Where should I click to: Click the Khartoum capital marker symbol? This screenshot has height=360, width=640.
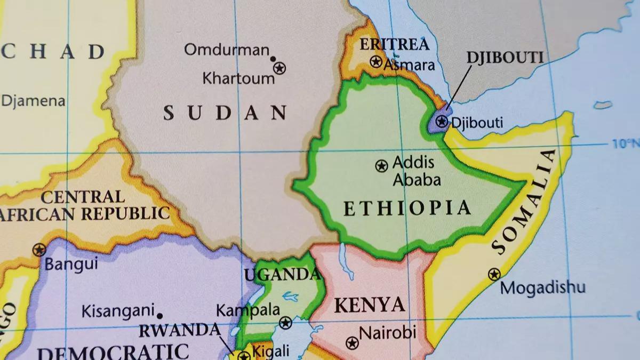pyautogui.click(x=279, y=68)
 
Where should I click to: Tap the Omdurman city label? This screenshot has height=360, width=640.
pyautogui.click(x=227, y=50)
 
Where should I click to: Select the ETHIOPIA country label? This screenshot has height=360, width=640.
pyautogui.click(x=407, y=208)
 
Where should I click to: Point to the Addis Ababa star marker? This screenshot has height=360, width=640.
pyautogui.click(x=381, y=166)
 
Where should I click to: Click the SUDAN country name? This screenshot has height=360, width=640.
pyautogui.click(x=225, y=113)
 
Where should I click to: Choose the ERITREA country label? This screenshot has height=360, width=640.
pyautogui.click(x=394, y=44)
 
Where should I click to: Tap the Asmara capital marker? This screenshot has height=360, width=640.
pyautogui.click(x=376, y=62)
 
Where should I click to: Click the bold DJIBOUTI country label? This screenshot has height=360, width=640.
pyautogui.click(x=505, y=58)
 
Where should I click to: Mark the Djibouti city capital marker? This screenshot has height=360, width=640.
pyautogui.click(x=441, y=122)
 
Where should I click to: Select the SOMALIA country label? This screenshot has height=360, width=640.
pyautogui.click(x=525, y=202)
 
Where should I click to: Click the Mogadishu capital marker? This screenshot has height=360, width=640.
pyautogui.click(x=494, y=275)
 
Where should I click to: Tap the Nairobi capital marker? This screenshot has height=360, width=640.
pyautogui.click(x=352, y=342)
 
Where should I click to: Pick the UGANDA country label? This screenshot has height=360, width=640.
pyautogui.click(x=282, y=275)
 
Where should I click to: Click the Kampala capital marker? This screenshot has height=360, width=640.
pyautogui.click(x=286, y=323)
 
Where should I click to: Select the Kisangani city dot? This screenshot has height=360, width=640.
pyautogui.click(x=159, y=316)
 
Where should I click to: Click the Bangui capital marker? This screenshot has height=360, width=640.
pyautogui.click(x=39, y=250)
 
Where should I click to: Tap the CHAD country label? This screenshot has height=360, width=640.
pyautogui.click(x=53, y=52)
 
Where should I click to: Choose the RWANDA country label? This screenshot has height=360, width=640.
pyautogui.click(x=179, y=331)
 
